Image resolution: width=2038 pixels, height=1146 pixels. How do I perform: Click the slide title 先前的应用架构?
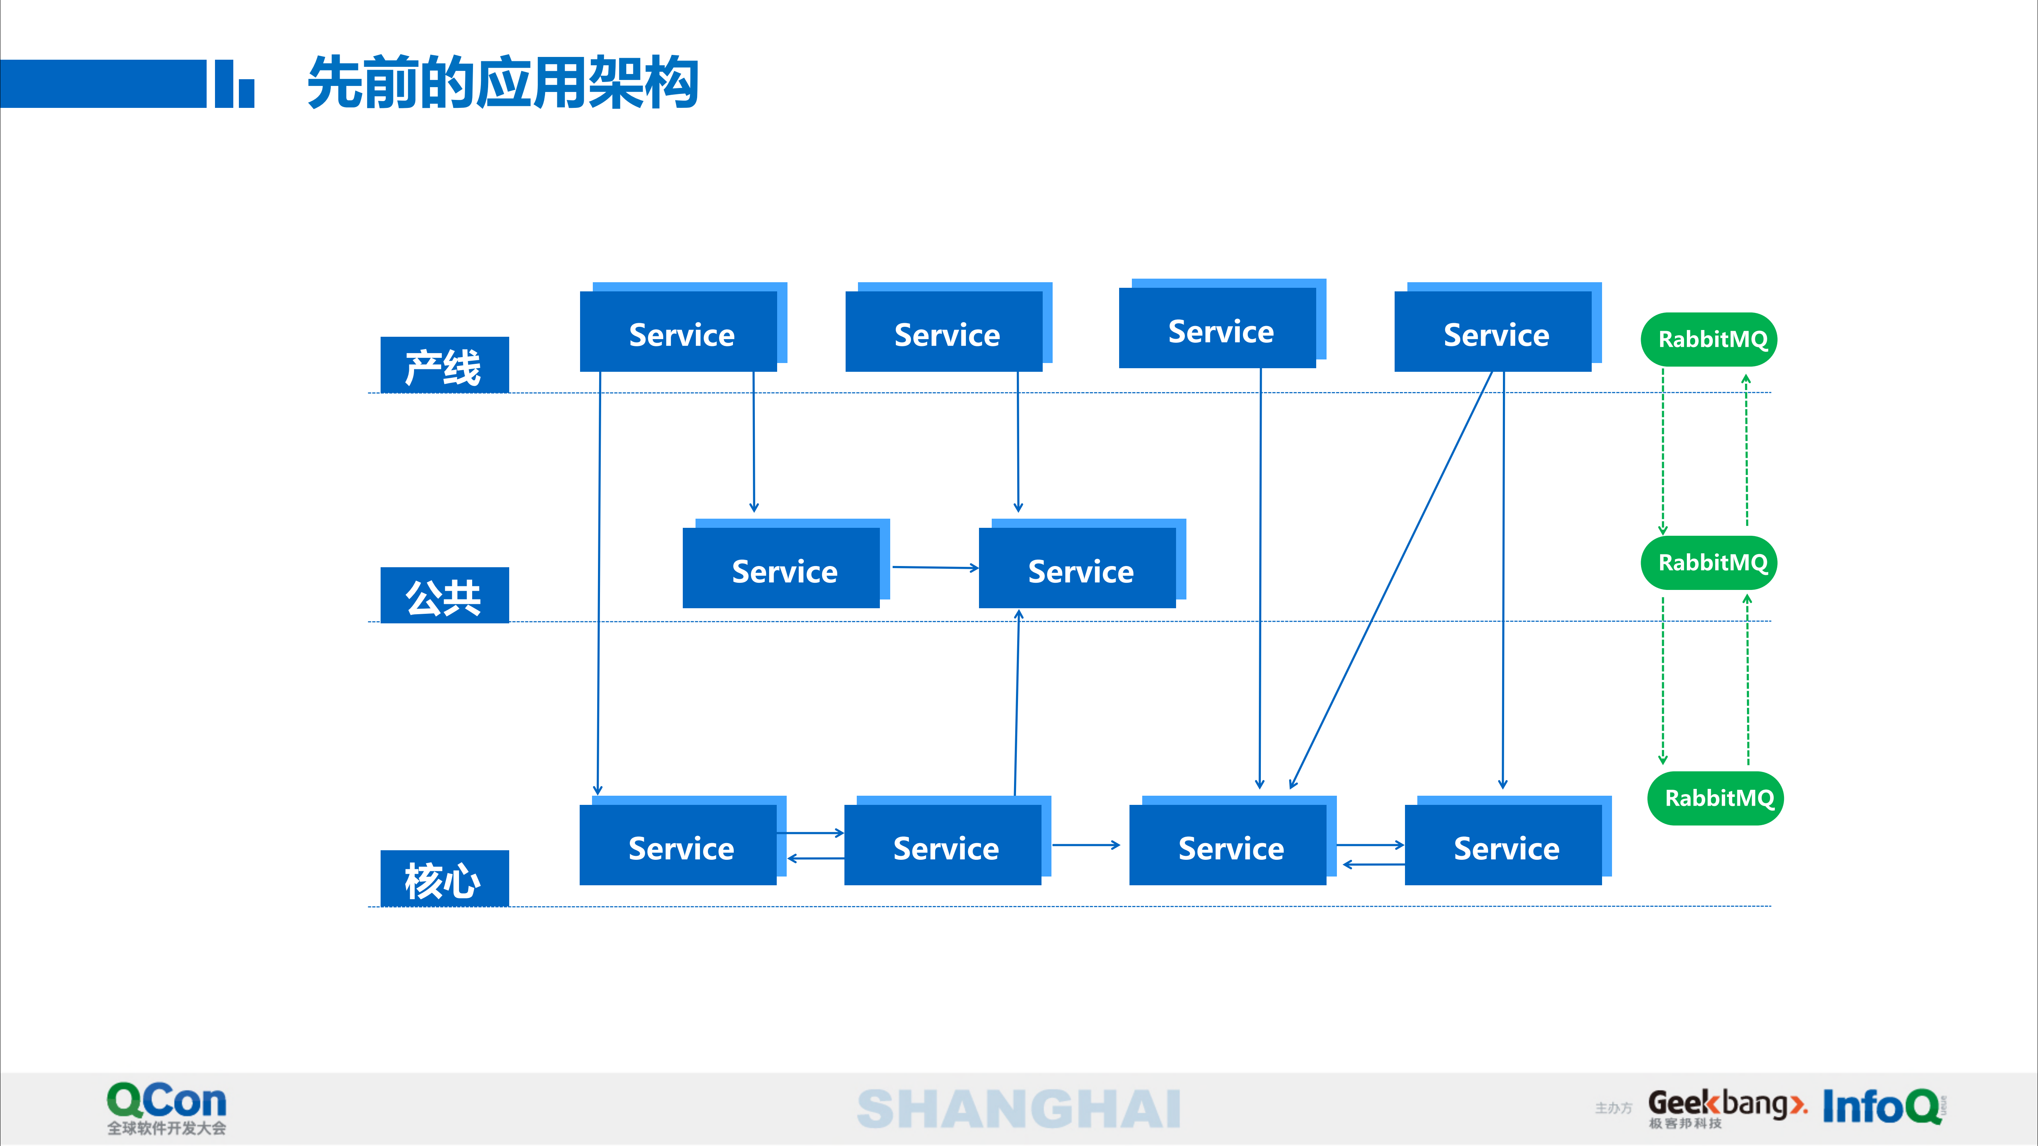(x=502, y=83)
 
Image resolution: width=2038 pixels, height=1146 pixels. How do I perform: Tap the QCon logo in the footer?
(x=167, y=1107)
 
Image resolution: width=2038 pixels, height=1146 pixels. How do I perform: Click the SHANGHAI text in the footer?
(x=1019, y=1109)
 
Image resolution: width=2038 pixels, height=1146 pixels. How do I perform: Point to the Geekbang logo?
(x=1726, y=1107)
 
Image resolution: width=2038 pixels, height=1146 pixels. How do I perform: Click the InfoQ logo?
(x=1882, y=1107)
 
